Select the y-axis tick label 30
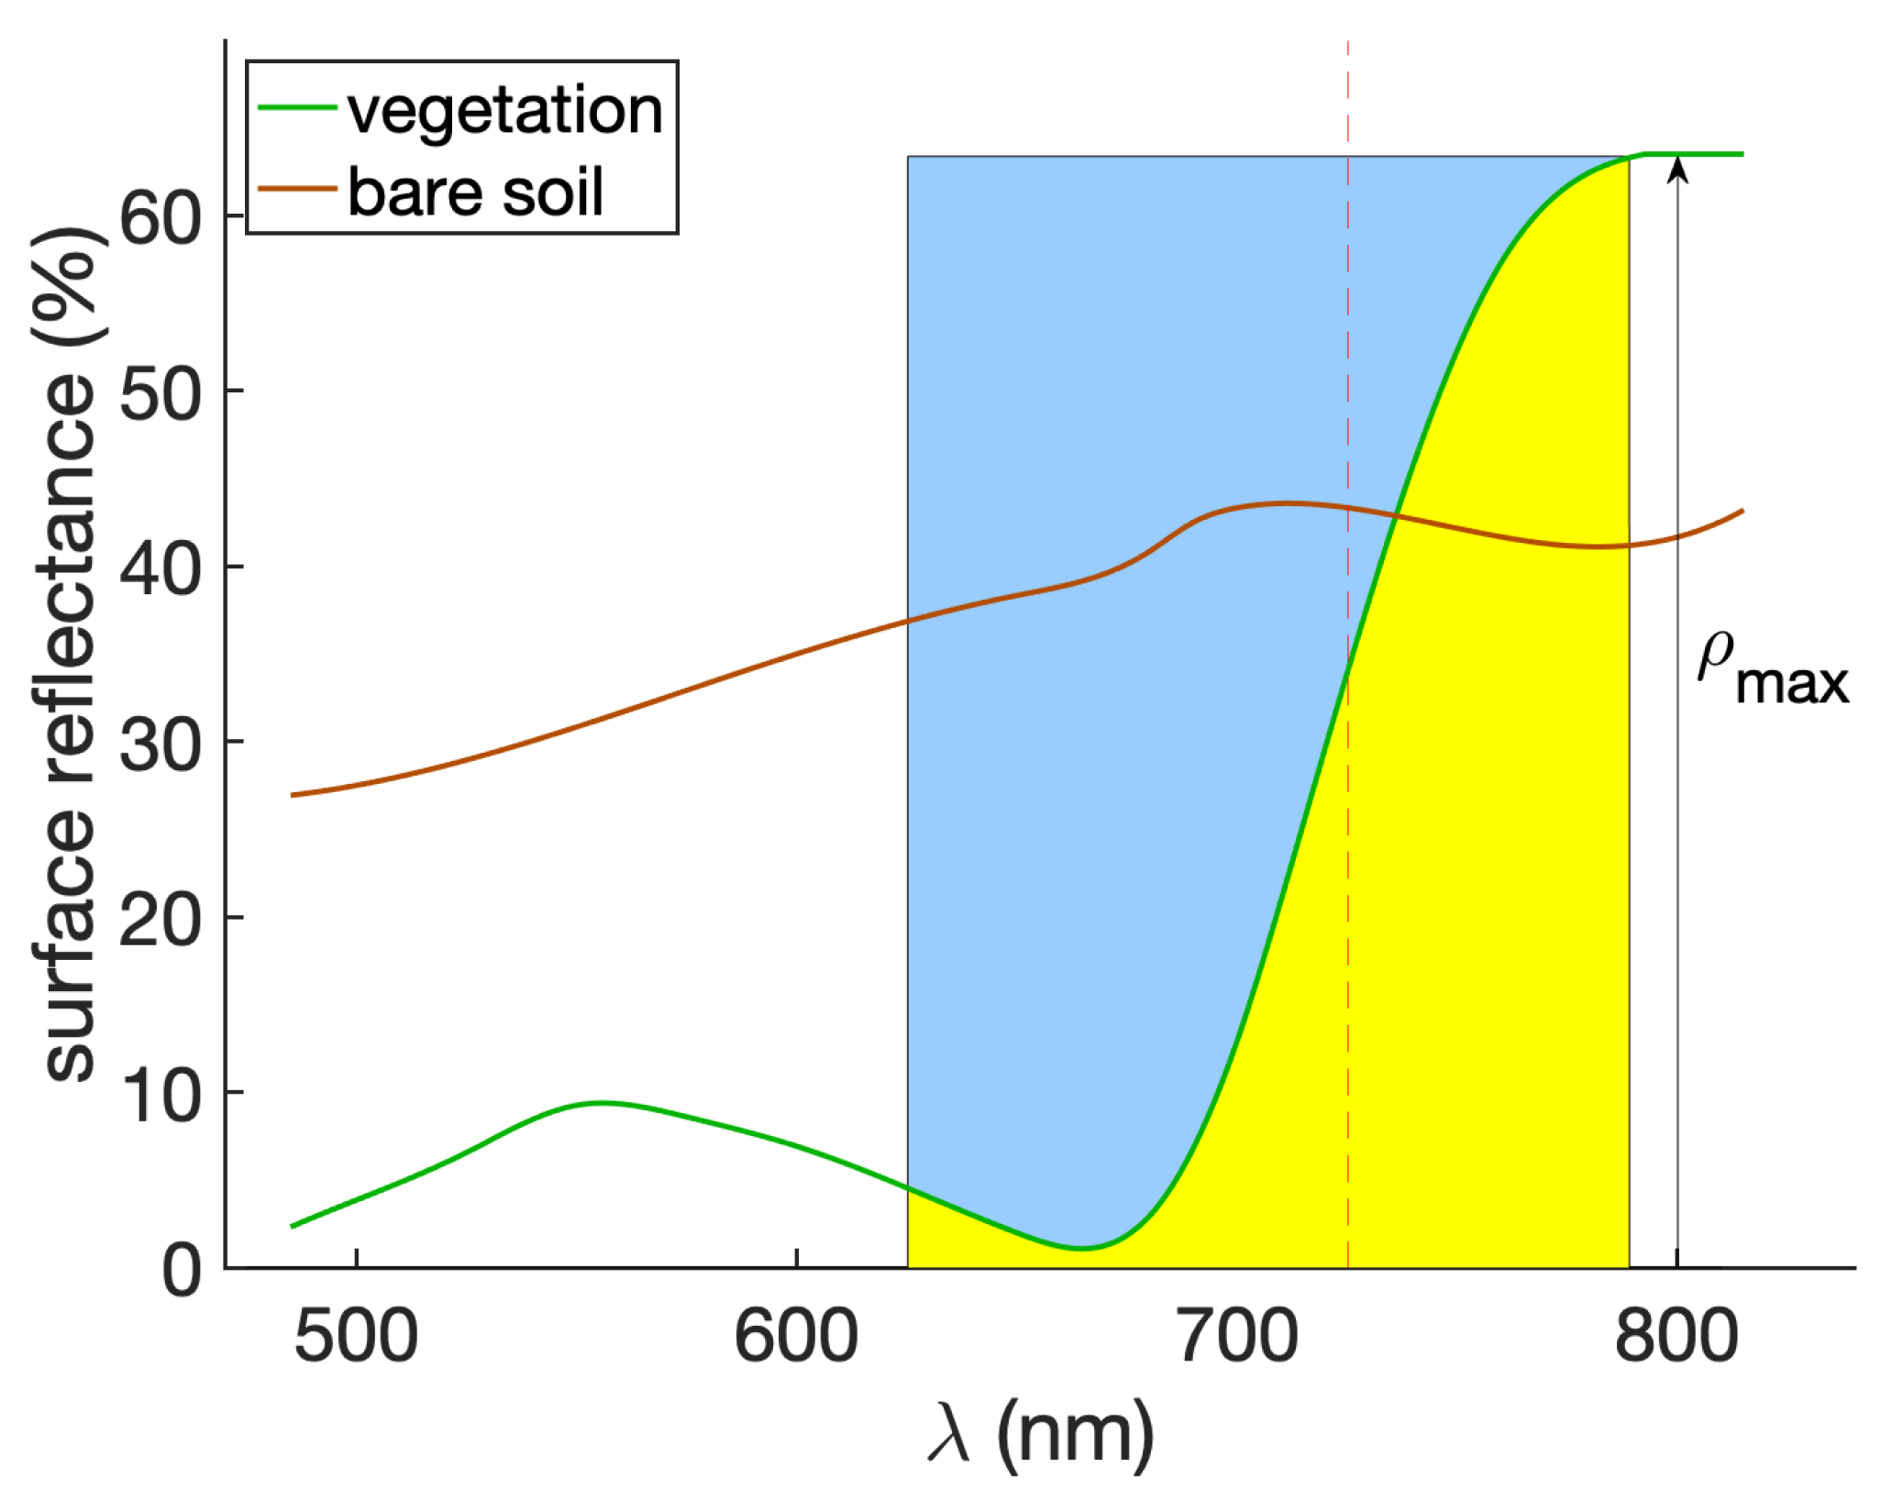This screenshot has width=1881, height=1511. pyautogui.click(x=160, y=744)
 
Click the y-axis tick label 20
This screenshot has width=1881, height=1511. pyautogui.click(x=160, y=920)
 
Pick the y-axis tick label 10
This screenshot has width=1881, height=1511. pyautogui.click(x=160, y=1095)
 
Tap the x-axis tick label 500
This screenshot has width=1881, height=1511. pyautogui.click(x=356, y=1338)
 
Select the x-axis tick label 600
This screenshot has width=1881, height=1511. pyautogui.click(x=796, y=1338)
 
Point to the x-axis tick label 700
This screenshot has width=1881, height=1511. pyautogui.click(x=1236, y=1338)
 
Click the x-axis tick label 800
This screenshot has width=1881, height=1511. pyautogui.click(x=1676, y=1338)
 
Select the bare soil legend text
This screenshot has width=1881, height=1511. pyautogui.click(x=475, y=192)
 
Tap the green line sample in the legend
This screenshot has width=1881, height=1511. pyautogui.click(x=296, y=107)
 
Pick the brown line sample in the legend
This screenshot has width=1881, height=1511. pyautogui.click(x=296, y=188)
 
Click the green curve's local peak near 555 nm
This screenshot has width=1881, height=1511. pyautogui.click(x=603, y=1103)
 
